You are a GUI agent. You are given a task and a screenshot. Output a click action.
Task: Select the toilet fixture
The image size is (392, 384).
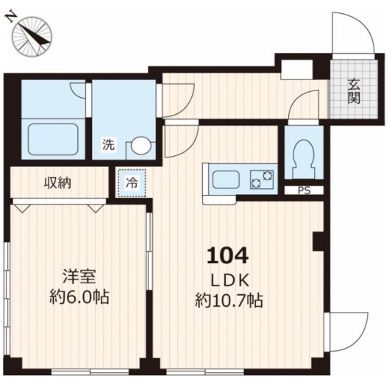pos(304,158)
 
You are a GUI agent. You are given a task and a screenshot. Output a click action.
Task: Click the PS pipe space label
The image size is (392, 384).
pos(304,191)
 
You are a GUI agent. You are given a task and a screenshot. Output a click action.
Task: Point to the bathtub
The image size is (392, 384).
pos(53,139)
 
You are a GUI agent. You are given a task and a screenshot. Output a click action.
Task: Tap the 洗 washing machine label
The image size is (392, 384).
pos(109,144)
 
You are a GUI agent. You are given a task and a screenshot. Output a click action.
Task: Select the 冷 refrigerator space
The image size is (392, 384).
pos(132,182)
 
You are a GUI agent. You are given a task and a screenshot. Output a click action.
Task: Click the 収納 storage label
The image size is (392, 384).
pos(58,183)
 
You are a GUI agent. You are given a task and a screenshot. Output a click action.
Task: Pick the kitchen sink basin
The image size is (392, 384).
pos(226,179)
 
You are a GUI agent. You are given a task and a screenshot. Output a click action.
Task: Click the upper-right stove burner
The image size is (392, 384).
pos(268,175)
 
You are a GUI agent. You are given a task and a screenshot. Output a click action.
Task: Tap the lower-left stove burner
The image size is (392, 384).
pos(256,183)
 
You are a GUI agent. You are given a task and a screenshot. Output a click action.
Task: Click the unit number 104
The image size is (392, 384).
pos(227,255)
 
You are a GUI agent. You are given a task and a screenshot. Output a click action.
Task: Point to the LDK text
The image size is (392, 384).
pos(230,281)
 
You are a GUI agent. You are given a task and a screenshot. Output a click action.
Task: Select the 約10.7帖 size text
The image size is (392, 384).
pos(229,301)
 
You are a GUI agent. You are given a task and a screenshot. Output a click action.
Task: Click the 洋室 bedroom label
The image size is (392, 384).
pos(79,277)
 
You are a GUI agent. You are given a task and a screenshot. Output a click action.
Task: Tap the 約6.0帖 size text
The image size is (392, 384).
pos(79,296)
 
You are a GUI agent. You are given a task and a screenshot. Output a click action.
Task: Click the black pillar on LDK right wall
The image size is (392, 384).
pos(319,241)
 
